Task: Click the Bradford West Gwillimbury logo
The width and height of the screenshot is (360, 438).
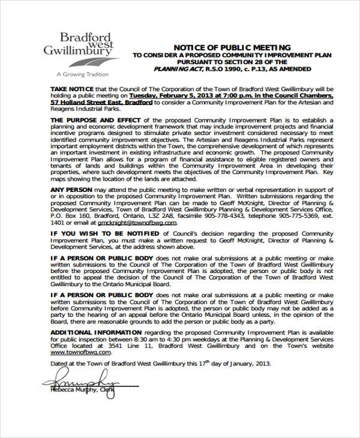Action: click(76, 46)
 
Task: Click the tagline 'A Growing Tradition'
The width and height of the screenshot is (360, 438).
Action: click(82, 74)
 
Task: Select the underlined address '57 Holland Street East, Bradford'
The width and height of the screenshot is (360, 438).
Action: click(101, 102)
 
